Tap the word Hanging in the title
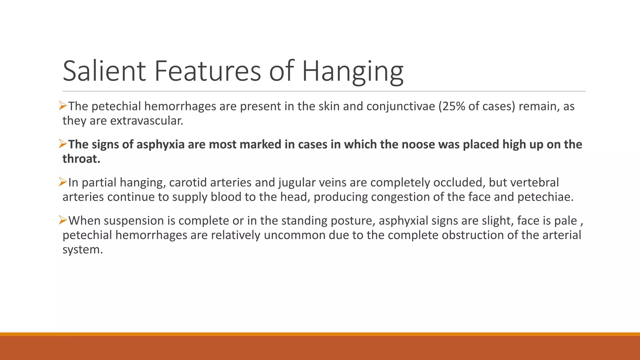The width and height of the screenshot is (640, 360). [352, 71]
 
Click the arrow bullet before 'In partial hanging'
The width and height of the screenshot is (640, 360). [63, 182]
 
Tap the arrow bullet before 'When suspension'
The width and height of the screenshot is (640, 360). [63, 220]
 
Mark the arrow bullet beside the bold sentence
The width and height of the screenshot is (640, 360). [63, 144]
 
